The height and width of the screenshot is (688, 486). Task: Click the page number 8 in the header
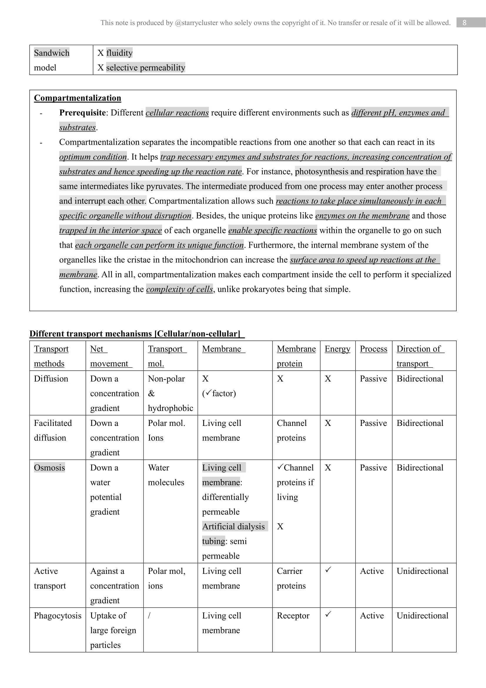[464, 22]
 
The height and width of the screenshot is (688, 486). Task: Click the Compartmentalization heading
[78, 98]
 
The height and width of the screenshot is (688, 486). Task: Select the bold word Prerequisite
[82, 113]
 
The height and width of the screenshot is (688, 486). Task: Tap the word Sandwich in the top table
[51, 53]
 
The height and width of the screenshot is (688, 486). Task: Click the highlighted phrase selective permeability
[145, 67]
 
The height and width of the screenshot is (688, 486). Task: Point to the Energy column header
[337, 349]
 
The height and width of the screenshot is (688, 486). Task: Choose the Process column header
[373, 349]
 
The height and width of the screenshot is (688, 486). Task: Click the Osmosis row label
[49, 467]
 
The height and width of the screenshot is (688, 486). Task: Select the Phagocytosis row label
[58, 615]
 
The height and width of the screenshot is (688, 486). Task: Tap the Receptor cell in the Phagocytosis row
[293, 615]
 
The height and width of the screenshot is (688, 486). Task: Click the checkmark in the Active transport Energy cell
[328, 570]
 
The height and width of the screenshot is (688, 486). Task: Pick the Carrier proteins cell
[291, 578]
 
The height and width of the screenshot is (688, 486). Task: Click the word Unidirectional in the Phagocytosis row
[422, 615]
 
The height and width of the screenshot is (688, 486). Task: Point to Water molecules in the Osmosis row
[166, 475]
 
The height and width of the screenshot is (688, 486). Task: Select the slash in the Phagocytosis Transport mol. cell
[149, 615]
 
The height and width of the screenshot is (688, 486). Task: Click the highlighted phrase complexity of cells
[180, 289]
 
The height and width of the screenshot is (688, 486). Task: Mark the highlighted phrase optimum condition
[93, 157]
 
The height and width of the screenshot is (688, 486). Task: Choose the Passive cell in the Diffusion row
[373, 379]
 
